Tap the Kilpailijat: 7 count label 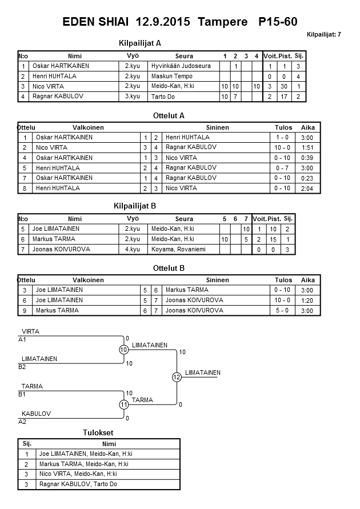pyautogui.click(x=324, y=34)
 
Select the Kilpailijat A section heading pyautogui.click(x=140, y=43)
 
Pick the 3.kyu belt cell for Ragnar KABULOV pyautogui.click(x=133, y=97)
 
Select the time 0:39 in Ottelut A pyautogui.click(x=307, y=158)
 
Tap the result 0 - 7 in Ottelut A pyautogui.click(x=282, y=168)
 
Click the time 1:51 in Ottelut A pyautogui.click(x=307, y=147)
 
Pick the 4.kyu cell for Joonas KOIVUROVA pyautogui.click(x=133, y=250)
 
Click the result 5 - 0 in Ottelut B pyautogui.click(x=282, y=311)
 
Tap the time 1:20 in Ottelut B pyautogui.click(x=307, y=300)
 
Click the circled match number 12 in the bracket pyautogui.click(x=177, y=377)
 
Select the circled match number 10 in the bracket pyautogui.click(x=123, y=350)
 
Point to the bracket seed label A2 pyautogui.click(x=22, y=422)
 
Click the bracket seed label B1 pyautogui.click(x=22, y=394)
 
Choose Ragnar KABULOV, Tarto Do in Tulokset pyautogui.click(x=78, y=484)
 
